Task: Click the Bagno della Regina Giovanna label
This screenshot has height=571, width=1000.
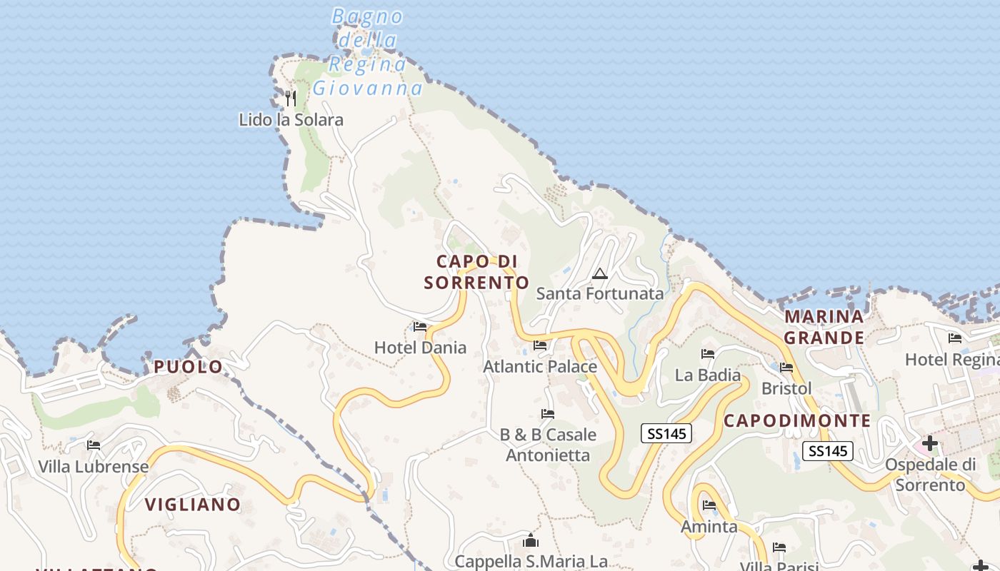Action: click(368, 52)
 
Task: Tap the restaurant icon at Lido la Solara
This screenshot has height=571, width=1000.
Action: click(290, 98)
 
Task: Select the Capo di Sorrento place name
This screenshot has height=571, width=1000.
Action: click(476, 272)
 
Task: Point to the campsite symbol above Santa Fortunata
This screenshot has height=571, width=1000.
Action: click(599, 273)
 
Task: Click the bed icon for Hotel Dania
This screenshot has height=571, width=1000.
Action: click(420, 327)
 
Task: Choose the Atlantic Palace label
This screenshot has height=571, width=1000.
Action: click(540, 367)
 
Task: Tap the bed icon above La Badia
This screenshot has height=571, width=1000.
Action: click(708, 354)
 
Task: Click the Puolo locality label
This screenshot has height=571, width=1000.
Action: click(189, 367)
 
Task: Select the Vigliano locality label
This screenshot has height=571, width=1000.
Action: click(193, 505)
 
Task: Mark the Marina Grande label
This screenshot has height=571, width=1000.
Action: click(824, 326)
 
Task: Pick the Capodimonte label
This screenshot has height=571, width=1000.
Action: click(797, 420)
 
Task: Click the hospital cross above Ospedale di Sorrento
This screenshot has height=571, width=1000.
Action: click(929, 443)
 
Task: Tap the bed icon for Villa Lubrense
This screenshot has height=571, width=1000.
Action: click(94, 445)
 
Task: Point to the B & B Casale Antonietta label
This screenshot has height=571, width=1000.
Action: click(548, 445)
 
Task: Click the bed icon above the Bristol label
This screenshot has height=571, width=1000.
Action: click(786, 368)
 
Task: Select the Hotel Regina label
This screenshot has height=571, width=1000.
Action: click(952, 359)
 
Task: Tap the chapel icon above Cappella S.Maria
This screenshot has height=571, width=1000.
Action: click(530, 540)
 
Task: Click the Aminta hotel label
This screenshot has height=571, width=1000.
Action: click(709, 527)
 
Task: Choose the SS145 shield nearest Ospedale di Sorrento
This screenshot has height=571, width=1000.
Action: click(829, 451)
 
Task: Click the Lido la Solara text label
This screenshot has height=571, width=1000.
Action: click(291, 119)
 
